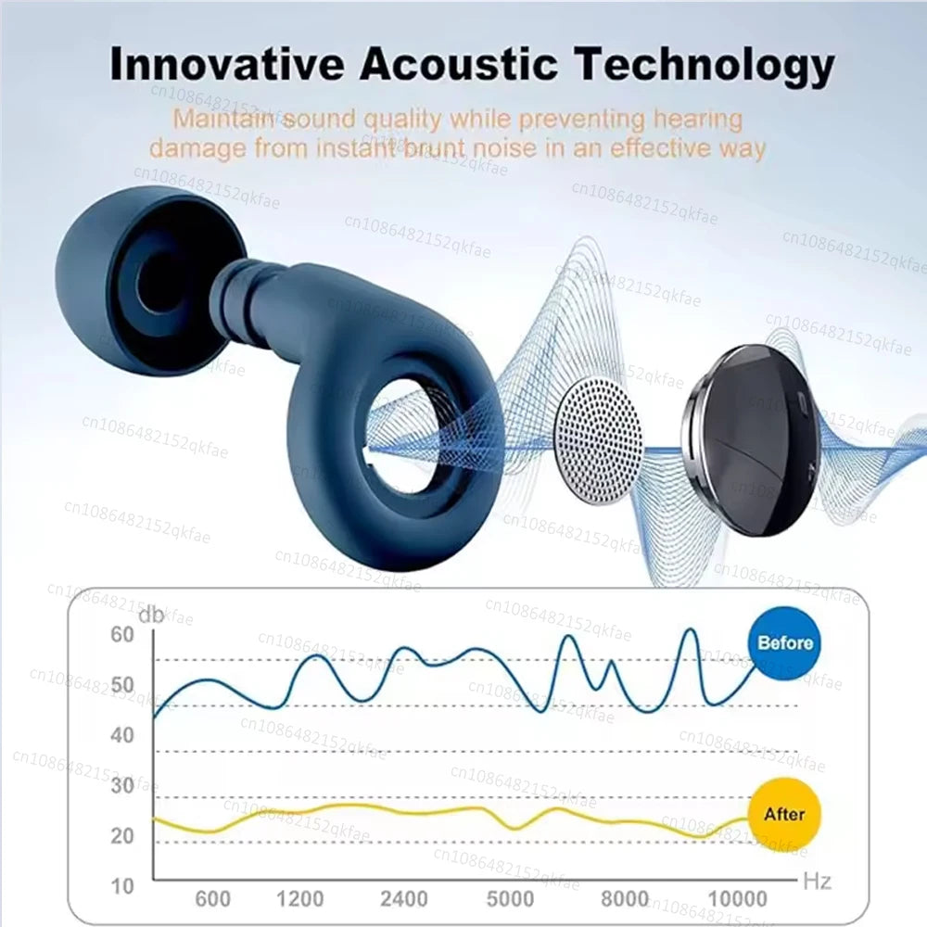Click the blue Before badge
(x=784, y=642)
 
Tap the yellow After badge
(x=783, y=814)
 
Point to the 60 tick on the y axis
(x=122, y=635)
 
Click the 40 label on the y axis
(x=122, y=735)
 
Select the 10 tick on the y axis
(x=122, y=885)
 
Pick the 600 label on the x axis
(x=213, y=898)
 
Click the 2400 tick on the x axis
(x=405, y=898)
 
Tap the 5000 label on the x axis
(x=510, y=898)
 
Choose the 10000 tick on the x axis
(x=737, y=898)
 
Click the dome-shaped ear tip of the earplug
(x=139, y=278)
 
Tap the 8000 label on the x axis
(x=625, y=898)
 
